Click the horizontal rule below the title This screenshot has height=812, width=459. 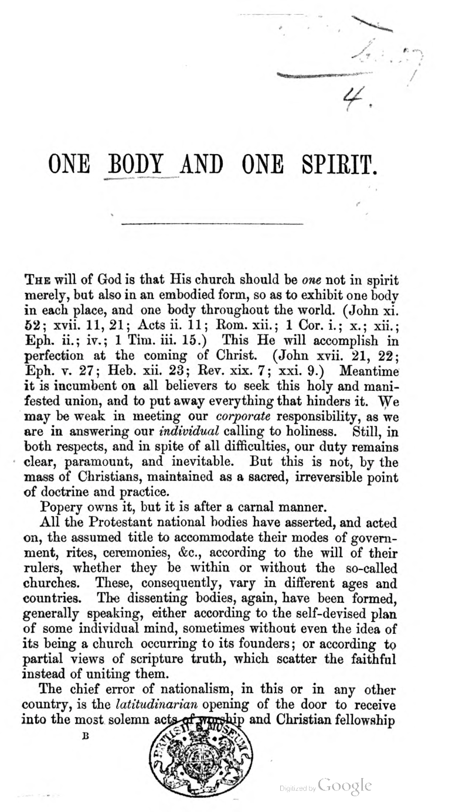point(212,224)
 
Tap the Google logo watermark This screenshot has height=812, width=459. point(345,786)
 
